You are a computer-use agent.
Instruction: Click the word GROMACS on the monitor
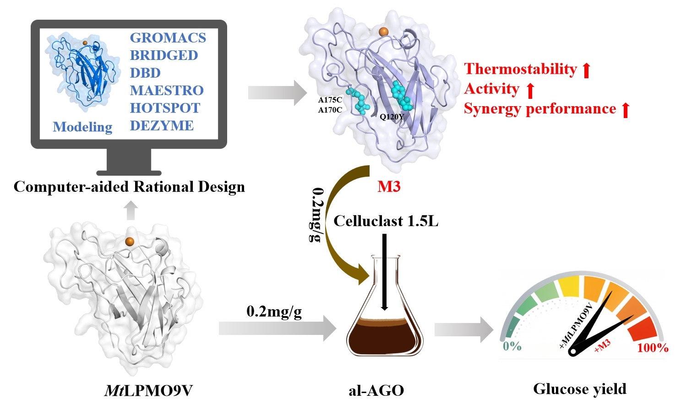click(168, 38)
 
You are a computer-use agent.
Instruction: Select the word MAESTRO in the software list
click(166, 90)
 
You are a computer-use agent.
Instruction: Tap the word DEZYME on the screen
click(162, 125)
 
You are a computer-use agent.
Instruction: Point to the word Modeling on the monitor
click(82, 127)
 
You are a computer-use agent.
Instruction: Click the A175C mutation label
click(330, 100)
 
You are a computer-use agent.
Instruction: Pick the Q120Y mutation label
click(392, 117)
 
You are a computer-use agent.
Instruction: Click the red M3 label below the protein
click(389, 186)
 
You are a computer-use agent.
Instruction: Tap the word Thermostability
click(520, 69)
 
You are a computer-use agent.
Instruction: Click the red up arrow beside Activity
click(530, 90)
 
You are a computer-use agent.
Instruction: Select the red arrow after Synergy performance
click(626, 110)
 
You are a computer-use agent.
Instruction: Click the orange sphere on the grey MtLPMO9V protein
click(130, 241)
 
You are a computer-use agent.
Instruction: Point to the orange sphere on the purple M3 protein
click(383, 31)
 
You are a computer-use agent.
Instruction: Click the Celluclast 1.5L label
click(386, 221)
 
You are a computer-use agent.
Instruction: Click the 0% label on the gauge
click(512, 346)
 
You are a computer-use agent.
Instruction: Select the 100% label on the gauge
click(653, 348)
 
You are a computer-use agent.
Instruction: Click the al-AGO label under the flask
click(376, 390)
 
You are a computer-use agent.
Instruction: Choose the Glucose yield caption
click(579, 389)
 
